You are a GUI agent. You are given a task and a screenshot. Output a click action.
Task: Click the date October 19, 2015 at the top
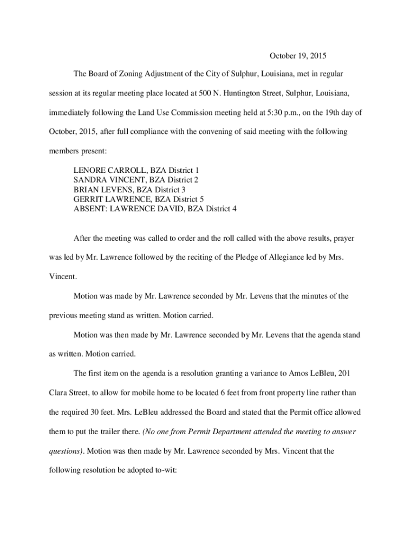point(298,56)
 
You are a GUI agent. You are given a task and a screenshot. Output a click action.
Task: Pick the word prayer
point(344,238)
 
